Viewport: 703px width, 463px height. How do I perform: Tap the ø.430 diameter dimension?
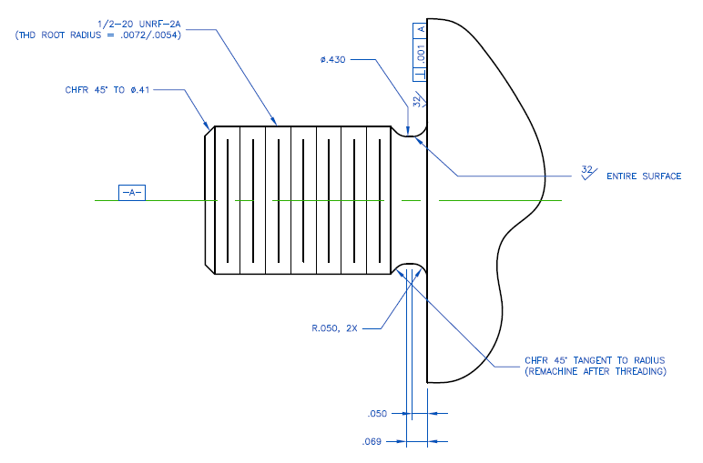coord(333,60)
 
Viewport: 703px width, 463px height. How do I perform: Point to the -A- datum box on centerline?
coord(131,193)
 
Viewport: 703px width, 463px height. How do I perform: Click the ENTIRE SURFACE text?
coord(643,176)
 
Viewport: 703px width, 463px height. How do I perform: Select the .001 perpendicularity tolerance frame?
coord(421,54)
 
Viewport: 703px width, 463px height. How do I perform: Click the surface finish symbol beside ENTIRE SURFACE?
coord(587,173)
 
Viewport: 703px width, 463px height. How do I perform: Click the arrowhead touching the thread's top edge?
coord(274,123)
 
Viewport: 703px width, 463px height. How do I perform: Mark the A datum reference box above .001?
coord(421,28)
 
